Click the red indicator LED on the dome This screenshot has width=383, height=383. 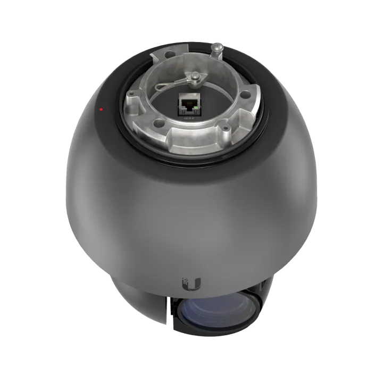pos(101,110)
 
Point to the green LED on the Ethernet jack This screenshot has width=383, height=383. pos(197,108)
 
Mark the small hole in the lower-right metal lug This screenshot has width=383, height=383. pos(226,128)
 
